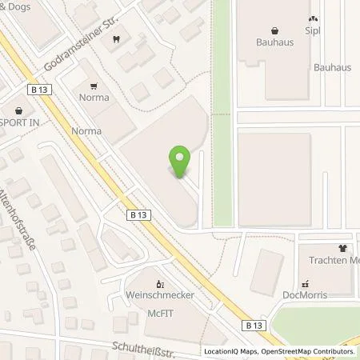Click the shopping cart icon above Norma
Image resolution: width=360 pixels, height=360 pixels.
tap(95, 87)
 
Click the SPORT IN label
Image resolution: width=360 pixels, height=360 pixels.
tap(17, 125)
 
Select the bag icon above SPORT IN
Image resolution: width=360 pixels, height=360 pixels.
tap(18, 111)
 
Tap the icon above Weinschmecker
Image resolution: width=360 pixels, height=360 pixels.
tap(160, 283)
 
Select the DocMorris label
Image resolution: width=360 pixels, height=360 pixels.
tap(307, 295)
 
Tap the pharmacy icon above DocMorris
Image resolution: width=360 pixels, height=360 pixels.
tap(305, 282)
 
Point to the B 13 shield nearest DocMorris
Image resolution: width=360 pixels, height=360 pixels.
tap(254, 325)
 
